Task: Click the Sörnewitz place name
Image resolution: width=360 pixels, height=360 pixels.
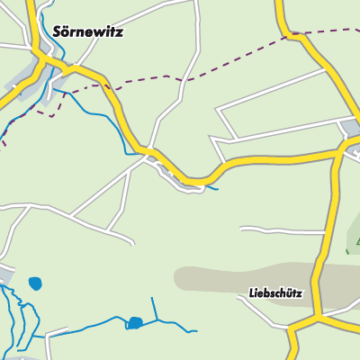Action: pos(87,31)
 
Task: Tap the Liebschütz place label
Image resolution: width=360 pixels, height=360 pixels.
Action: pos(275,293)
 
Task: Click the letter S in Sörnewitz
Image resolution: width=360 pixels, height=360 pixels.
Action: pos(58,31)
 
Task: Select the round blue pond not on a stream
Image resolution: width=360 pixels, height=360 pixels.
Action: pos(35,283)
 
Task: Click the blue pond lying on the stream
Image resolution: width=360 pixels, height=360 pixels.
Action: pos(134,322)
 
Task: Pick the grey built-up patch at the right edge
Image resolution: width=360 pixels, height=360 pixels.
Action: pos(352,129)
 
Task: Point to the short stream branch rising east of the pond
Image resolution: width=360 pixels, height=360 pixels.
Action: pos(153,308)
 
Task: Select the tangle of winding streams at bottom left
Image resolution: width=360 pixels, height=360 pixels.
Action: pos(22,315)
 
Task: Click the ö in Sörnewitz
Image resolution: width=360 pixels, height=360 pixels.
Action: pos(67,31)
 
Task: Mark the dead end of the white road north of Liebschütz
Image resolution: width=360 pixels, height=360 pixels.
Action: pos(242,229)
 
